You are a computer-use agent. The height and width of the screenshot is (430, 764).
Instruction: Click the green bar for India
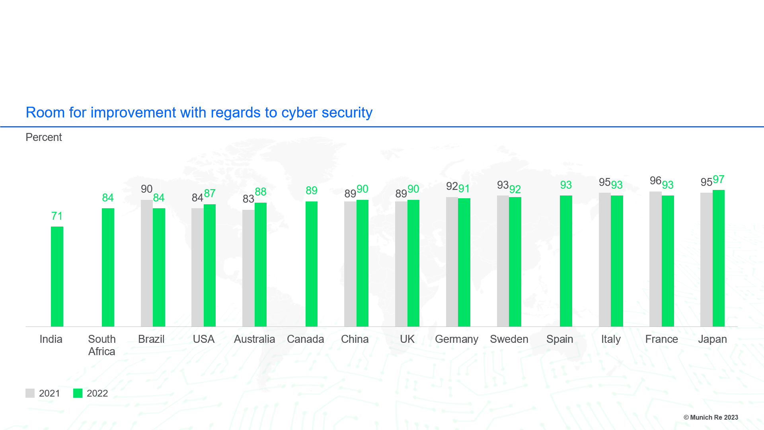coord(57,276)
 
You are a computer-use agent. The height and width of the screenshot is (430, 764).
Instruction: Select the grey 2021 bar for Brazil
coord(146,263)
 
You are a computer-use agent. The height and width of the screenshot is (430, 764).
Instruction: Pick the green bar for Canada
coord(311,264)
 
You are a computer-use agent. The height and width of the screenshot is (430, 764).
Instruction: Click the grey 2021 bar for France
coord(655,259)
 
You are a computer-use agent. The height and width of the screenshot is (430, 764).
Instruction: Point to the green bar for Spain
coord(566,261)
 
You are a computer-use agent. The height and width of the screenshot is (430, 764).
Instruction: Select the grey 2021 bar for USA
coord(197,267)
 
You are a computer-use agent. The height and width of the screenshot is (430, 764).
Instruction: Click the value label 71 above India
coord(57,216)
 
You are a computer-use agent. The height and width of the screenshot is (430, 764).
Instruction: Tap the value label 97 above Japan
coord(718,180)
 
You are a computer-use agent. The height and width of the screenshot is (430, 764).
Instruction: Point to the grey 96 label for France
coord(655,181)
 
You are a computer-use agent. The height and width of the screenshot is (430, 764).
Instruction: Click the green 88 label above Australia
coord(261,192)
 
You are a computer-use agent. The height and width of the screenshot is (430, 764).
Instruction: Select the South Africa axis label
coord(102,345)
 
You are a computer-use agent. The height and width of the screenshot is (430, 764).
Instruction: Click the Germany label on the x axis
coord(456,339)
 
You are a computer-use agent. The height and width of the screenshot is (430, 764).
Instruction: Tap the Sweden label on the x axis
coord(509,339)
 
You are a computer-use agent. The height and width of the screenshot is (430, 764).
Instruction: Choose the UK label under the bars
coord(407,339)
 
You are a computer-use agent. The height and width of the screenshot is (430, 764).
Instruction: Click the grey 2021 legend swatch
coord(30,393)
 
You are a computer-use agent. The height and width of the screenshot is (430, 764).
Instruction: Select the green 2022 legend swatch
coord(78,393)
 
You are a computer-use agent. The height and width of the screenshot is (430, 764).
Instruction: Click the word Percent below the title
coord(44,137)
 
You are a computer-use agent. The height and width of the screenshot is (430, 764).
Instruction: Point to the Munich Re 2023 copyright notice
coord(711,417)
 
